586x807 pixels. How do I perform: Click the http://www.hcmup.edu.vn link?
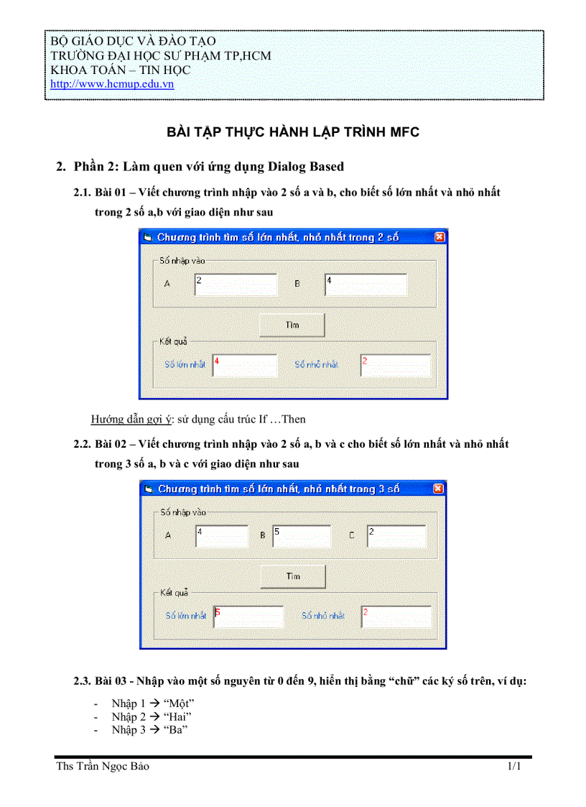112,84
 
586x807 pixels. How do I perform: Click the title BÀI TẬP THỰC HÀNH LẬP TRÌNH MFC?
293,132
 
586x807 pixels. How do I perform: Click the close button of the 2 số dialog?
439,237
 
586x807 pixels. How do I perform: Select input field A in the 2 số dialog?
236,285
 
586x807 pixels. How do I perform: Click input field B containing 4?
366,285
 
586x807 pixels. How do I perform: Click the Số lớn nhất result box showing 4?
245,365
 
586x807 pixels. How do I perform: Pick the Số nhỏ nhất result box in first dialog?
395,365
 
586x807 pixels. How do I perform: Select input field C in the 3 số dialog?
396,536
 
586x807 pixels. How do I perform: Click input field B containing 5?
301,536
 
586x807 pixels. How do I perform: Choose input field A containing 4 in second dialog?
221,536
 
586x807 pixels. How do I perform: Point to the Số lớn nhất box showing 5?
248,617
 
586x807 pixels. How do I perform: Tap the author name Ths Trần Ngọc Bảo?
103,767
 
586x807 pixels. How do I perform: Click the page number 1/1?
514,767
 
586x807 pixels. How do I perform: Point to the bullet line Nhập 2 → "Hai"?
152,716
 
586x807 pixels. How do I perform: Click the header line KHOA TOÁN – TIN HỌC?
120,70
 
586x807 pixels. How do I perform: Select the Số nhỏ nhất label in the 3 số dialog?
323,616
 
